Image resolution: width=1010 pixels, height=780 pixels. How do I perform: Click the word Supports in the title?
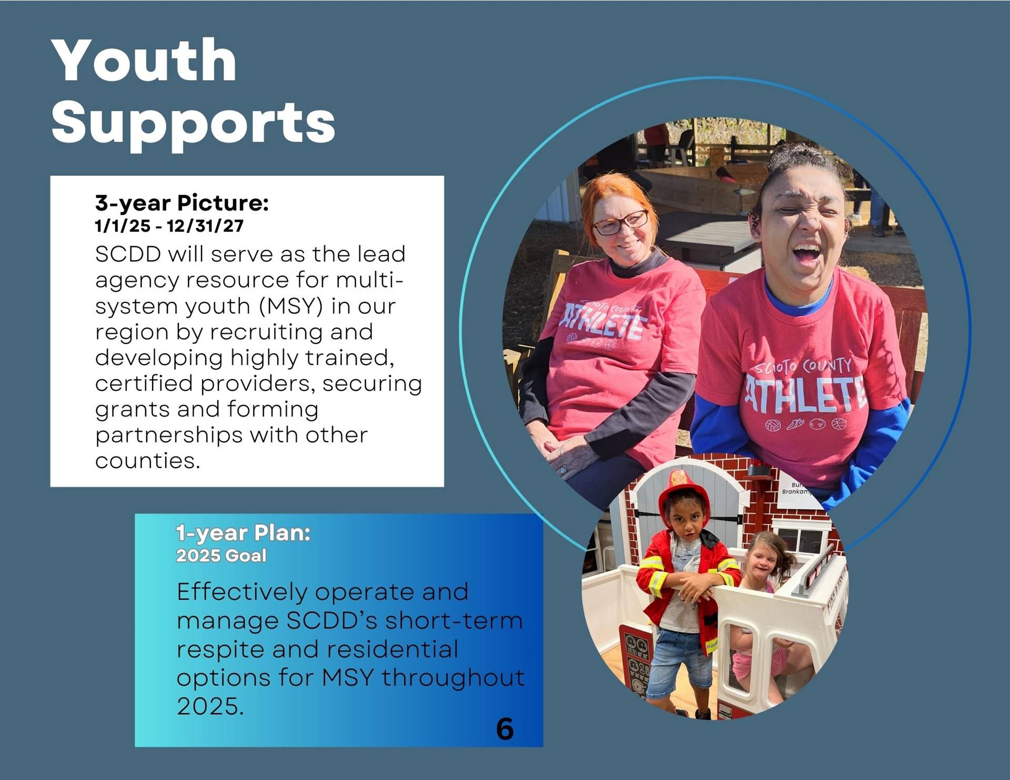click(x=193, y=124)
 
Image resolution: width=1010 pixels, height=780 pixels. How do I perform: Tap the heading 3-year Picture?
click(x=182, y=203)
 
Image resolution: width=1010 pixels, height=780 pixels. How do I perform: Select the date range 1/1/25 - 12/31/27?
click(x=169, y=226)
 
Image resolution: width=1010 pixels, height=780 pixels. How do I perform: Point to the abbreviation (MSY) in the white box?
click(x=291, y=306)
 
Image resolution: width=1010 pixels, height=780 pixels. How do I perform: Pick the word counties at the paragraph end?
click(x=148, y=461)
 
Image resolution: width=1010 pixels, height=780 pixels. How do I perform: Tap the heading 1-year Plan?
click(x=243, y=533)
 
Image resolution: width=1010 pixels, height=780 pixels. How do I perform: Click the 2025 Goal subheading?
click(x=221, y=556)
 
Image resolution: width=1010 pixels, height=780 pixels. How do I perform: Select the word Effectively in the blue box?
click(x=242, y=593)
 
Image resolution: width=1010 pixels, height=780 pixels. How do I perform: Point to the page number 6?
click(x=505, y=729)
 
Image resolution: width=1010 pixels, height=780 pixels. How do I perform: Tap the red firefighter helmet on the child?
click(x=684, y=492)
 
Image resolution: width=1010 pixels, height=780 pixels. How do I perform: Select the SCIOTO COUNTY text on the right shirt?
click(x=803, y=365)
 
